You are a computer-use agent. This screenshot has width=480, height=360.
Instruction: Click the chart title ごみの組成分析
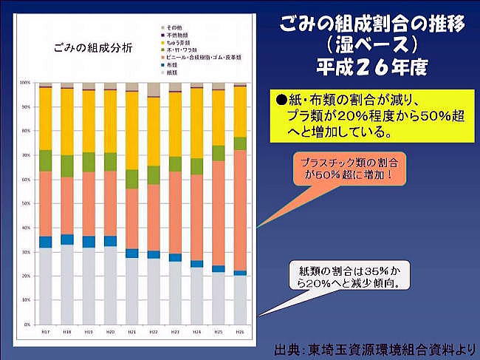83,49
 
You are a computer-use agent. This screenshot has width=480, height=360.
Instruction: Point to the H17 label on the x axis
45,331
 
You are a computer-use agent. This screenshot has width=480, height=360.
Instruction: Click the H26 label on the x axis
240,331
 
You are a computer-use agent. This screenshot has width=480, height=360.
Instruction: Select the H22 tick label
153,331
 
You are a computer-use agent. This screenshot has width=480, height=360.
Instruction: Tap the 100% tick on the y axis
25,82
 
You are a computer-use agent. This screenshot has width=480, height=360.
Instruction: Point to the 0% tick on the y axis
27,325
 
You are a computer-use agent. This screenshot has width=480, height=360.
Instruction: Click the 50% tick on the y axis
26,203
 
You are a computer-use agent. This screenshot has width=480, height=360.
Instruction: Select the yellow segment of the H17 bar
45,118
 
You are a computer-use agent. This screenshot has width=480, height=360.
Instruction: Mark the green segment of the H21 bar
131,179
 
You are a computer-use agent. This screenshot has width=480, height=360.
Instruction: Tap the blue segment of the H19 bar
89,242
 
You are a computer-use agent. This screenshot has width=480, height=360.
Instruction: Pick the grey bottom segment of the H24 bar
196,296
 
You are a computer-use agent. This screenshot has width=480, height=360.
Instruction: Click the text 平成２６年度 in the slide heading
371,67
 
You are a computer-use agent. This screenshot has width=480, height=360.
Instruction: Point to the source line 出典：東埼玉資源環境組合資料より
375,347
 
